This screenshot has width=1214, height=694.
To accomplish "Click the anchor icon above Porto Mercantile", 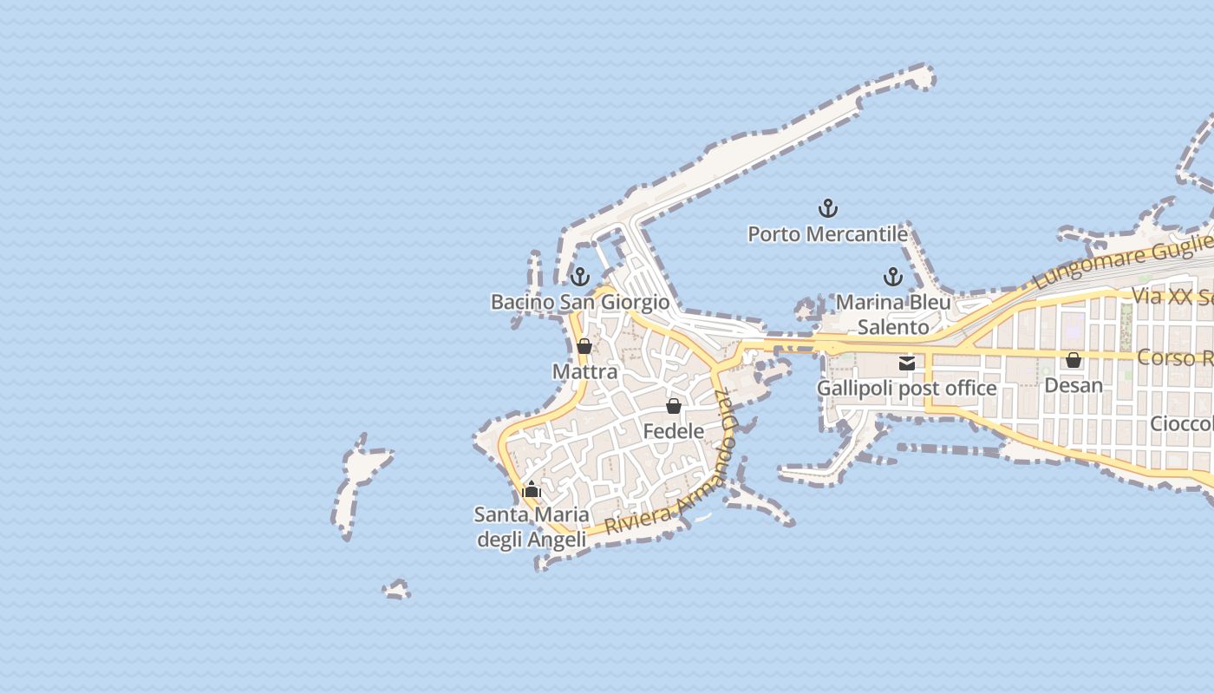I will tap(828, 208).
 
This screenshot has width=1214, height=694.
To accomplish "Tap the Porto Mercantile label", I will tap(828, 234).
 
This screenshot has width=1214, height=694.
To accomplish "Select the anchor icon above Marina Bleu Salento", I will tap(893, 278).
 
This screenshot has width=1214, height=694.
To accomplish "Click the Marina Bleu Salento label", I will tap(893, 315).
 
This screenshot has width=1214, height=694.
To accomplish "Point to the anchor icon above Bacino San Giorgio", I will tap(580, 277).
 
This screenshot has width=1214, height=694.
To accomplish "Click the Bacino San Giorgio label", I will tap(580, 302).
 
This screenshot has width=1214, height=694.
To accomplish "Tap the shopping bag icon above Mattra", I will tap(584, 347).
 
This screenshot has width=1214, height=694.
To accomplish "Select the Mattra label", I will tap(585, 372).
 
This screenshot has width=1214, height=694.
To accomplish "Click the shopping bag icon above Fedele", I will tap(674, 406).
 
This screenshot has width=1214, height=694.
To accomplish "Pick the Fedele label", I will tap(674, 431).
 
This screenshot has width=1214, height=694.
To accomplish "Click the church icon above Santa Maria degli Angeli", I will tap(532, 489).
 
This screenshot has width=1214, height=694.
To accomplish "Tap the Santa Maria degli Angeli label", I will tap(532, 527).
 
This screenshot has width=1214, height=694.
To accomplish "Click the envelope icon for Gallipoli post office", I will tap(907, 363).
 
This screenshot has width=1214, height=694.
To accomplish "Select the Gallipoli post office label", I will tap(907, 388).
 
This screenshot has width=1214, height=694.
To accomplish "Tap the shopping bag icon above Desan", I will tap(1074, 360).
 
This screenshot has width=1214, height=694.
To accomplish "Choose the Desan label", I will tap(1074, 384).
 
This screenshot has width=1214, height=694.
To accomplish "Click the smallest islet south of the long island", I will tap(396, 591).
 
